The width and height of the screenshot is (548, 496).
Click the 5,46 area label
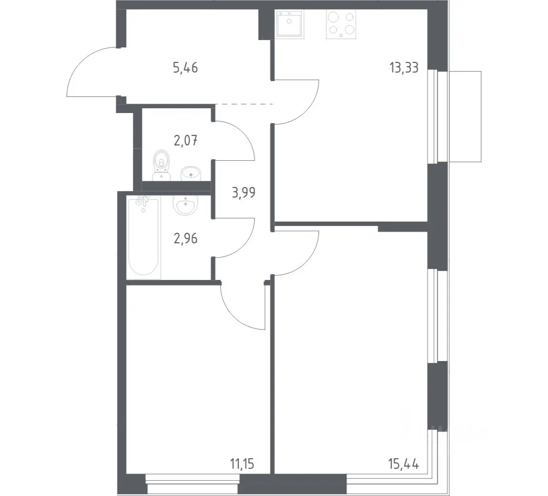tap(185, 68)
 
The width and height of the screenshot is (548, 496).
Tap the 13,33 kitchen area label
tap(404, 68)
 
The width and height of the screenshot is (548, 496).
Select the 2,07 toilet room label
tap(185, 141)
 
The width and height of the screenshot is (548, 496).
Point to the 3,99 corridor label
tap(244, 192)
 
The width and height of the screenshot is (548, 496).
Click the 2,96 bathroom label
tap(185, 238)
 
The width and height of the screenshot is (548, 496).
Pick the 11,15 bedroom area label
tap(242, 464)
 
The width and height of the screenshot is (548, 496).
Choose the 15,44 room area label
tap(404, 464)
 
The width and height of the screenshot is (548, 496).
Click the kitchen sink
tap(289, 23)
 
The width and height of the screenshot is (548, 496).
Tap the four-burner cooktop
tap(341, 24)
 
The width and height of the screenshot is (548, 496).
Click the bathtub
tap(143, 237)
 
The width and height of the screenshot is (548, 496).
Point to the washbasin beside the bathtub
tap(185, 204)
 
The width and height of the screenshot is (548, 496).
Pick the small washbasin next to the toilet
tap(191, 174)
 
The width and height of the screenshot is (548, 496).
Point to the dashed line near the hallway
tap(244, 104)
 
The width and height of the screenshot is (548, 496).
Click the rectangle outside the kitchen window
tap(465, 116)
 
